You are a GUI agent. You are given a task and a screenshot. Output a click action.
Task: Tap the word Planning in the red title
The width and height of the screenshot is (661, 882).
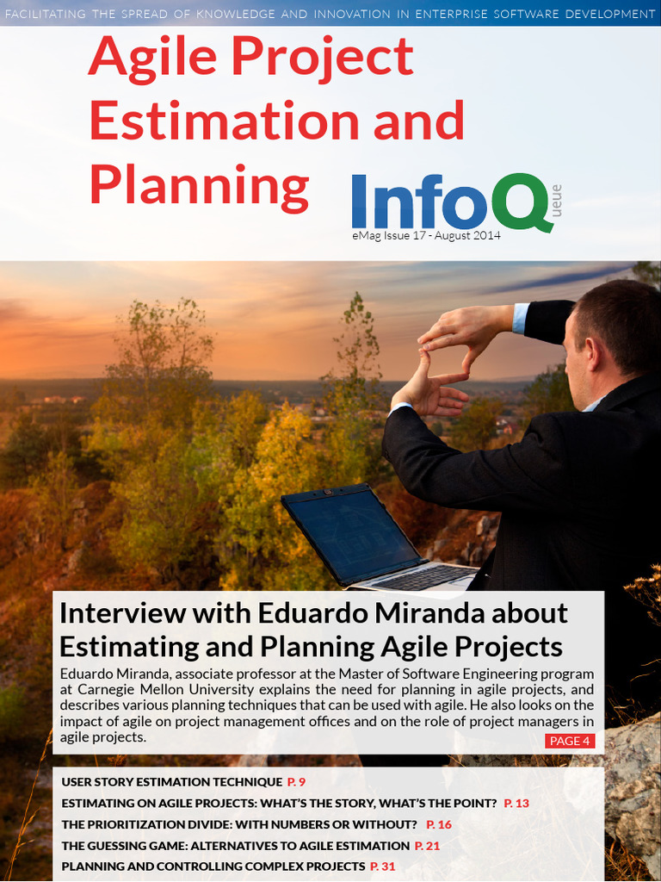[x=199, y=185]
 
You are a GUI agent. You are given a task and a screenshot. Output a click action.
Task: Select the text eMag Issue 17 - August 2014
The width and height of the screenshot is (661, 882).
[x=426, y=235]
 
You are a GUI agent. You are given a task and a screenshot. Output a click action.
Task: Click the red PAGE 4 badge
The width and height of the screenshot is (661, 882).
[x=570, y=741]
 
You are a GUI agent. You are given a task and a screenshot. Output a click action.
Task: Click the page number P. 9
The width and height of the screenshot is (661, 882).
[x=297, y=781]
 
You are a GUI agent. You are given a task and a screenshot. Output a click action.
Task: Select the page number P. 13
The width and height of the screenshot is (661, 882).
[x=516, y=803]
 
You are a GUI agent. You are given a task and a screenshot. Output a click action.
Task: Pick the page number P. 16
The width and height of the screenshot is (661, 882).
[x=439, y=824]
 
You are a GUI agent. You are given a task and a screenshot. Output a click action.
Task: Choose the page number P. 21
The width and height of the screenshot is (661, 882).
[x=428, y=846]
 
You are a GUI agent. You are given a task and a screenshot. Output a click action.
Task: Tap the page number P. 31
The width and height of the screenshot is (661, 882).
[x=383, y=866]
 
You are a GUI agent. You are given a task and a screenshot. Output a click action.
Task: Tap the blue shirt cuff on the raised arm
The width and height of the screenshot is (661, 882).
[x=520, y=318]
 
